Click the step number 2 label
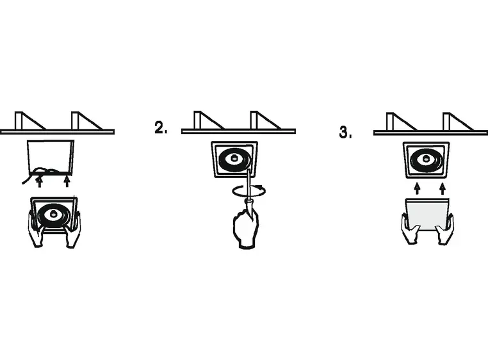pyautogui.click(x=161, y=127)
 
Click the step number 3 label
pyautogui.click(x=345, y=132)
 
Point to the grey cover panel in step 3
pyautogui.click(x=427, y=215)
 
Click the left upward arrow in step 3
pyautogui.click(x=418, y=188)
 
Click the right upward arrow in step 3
pyautogui.click(x=443, y=188)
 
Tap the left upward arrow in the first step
pyautogui.click(x=39, y=181)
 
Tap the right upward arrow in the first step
pyautogui.click(x=67, y=181)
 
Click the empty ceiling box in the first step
pyautogui.click(x=51, y=157)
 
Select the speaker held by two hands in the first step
pyautogui.click(x=54, y=214)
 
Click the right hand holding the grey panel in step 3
pyautogui.click(x=445, y=229)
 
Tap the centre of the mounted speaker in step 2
pyautogui.click(x=234, y=159)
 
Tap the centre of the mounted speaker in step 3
pyautogui.click(x=426, y=160)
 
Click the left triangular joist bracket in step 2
pyautogui.click(x=209, y=120)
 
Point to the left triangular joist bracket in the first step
pyautogui.click(x=30, y=120)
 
